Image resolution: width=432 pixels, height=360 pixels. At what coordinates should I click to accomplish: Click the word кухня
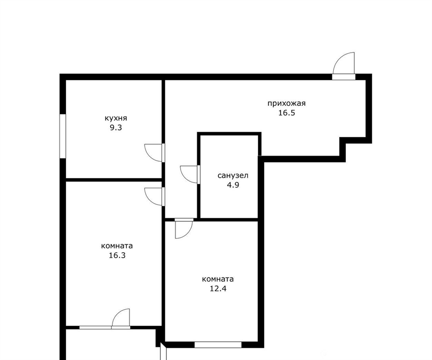(x=116, y=119)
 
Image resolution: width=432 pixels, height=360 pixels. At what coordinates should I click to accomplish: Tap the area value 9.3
(x=116, y=128)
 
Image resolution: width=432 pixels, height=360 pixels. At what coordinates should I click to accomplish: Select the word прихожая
(x=286, y=104)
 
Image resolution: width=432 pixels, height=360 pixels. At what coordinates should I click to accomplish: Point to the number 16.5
(x=286, y=113)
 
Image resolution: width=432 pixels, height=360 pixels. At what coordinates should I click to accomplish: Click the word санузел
(x=233, y=176)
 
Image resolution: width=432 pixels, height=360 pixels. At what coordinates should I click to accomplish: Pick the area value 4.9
(x=233, y=185)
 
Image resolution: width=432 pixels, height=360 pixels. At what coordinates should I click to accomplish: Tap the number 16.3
(x=117, y=255)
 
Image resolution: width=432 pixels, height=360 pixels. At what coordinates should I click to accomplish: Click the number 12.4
(x=218, y=289)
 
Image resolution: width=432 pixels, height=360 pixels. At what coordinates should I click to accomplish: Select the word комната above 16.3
(x=117, y=246)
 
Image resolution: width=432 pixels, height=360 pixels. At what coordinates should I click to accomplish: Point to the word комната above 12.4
(x=218, y=279)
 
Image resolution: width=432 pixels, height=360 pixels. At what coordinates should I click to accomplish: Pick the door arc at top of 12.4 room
(x=188, y=233)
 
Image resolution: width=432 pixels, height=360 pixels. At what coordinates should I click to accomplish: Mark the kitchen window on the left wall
(x=63, y=136)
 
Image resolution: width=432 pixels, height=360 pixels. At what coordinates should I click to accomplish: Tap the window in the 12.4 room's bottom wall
(x=218, y=345)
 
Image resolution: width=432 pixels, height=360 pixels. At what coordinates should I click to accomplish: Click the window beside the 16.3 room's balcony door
(x=96, y=328)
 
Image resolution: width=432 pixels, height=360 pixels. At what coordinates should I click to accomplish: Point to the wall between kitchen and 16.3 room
(x=113, y=180)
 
